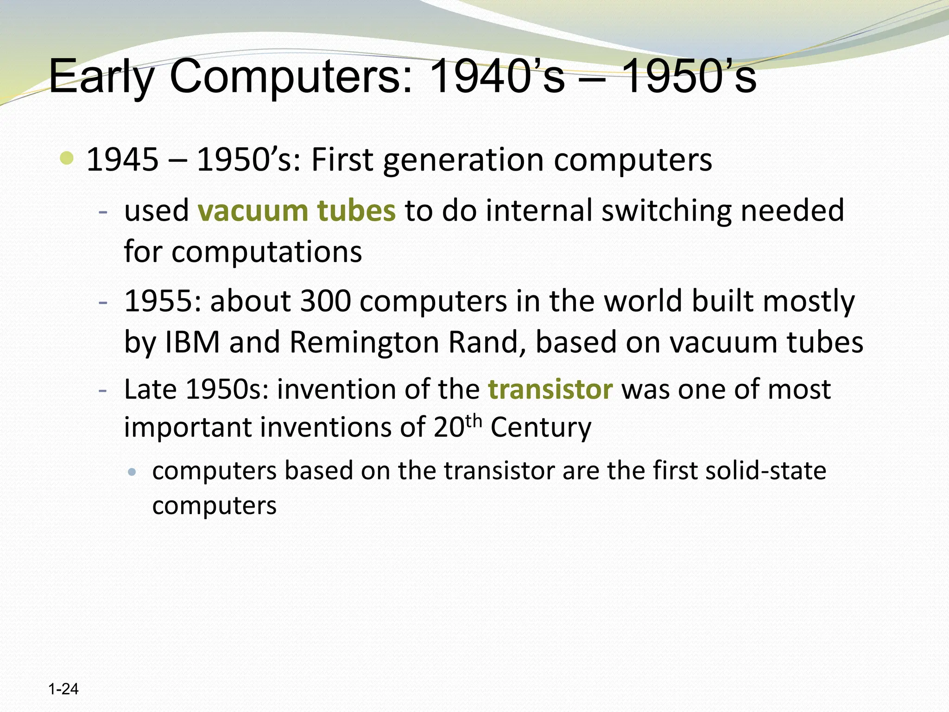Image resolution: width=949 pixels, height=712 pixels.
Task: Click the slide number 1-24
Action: (63, 689)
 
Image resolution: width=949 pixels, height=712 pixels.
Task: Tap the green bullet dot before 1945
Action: (67, 159)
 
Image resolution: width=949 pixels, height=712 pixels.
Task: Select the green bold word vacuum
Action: (253, 210)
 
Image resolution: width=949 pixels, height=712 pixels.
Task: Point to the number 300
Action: (325, 301)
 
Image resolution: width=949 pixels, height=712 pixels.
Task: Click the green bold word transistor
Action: (550, 389)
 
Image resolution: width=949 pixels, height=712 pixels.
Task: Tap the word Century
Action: (541, 427)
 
